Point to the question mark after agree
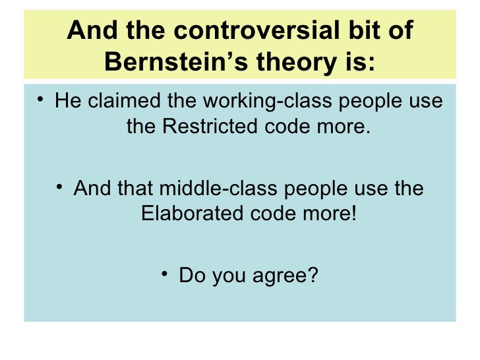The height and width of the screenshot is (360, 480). pyautogui.click(x=312, y=274)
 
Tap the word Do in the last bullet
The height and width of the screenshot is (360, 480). pyautogui.click(x=191, y=274)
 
